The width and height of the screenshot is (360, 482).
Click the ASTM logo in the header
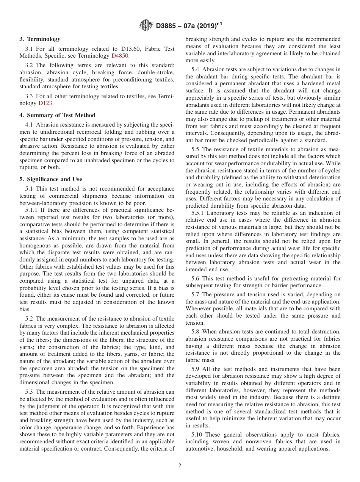point(146,26)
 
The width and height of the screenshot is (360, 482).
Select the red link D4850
point(120,56)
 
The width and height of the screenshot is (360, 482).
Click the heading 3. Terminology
point(40,39)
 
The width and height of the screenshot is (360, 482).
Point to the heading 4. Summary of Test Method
point(57,115)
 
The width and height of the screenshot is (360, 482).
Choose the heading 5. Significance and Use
point(51,179)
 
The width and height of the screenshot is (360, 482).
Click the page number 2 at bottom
point(180,466)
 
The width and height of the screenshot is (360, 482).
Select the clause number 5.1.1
point(32,210)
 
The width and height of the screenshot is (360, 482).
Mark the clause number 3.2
point(29,65)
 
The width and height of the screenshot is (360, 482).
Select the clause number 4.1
point(29,124)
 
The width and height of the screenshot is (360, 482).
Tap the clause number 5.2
point(29,319)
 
